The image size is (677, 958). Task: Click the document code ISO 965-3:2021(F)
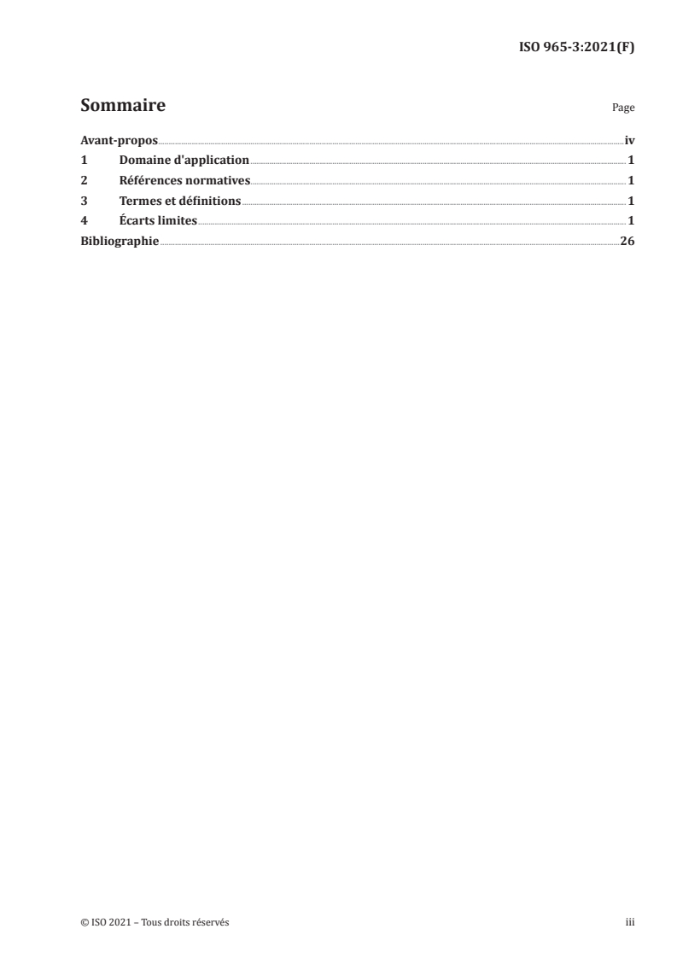pyautogui.click(x=576, y=48)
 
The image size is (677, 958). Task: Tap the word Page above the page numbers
pyautogui.click(x=623, y=108)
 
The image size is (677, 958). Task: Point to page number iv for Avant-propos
pyautogui.click(x=629, y=140)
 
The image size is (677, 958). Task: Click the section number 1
pyautogui.click(x=83, y=161)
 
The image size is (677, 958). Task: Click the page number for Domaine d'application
pyautogui.click(x=631, y=161)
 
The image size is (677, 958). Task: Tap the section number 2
pyautogui.click(x=83, y=181)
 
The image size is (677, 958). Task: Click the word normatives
pyautogui.click(x=218, y=181)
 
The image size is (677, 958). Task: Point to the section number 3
pyautogui.click(x=83, y=202)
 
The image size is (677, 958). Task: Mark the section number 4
pyautogui.click(x=83, y=221)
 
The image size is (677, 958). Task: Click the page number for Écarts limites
pyautogui.click(x=631, y=221)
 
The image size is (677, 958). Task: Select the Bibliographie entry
pyautogui.click(x=120, y=242)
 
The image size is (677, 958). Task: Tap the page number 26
pyautogui.click(x=627, y=242)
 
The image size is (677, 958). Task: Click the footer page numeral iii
pyautogui.click(x=630, y=923)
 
